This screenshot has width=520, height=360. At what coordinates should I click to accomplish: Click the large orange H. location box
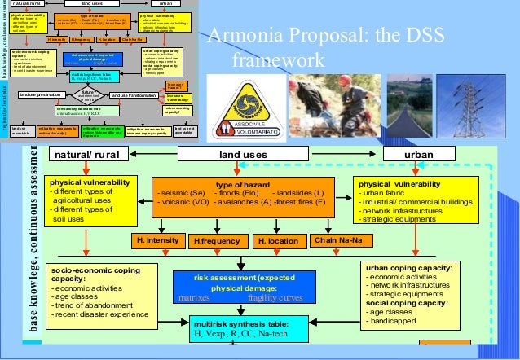278,242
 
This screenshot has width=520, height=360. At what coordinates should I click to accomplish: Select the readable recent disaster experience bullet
108,314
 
